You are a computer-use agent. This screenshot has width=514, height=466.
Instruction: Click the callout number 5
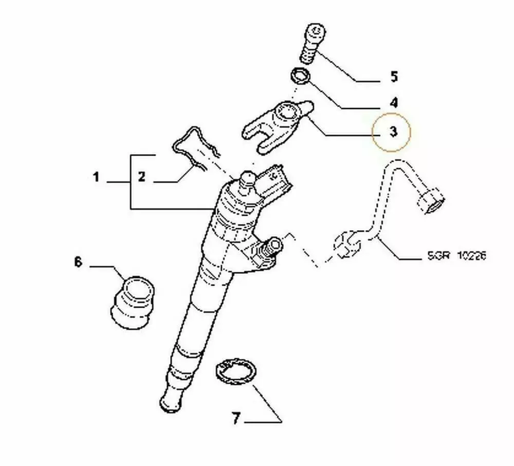(394, 77)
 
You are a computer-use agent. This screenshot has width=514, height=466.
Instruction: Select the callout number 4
(394, 103)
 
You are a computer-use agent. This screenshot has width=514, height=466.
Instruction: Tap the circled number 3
(393, 132)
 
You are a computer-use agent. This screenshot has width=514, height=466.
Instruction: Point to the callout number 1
(96, 178)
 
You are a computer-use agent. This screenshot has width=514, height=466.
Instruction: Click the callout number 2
(141, 178)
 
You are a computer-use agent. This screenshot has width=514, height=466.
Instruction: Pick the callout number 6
(78, 262)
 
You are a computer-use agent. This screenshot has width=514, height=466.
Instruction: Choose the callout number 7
(236, 419)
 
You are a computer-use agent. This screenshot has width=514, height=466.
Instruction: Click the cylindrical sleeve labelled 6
(133, 300)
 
